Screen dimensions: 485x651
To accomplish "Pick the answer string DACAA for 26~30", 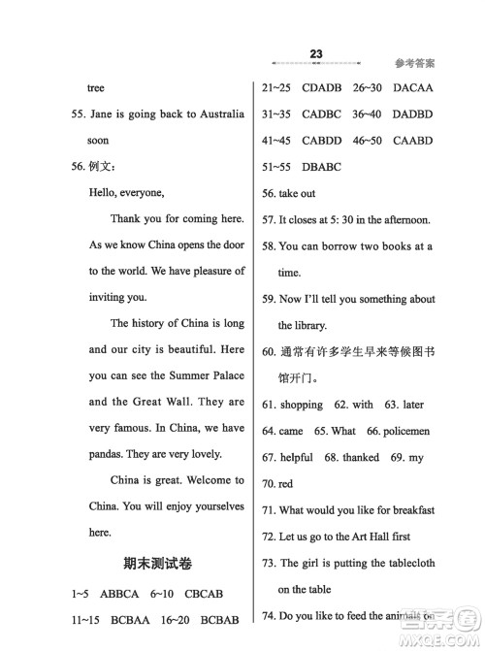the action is pos(409,87).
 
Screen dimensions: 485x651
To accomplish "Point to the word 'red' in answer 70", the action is pos(285,482).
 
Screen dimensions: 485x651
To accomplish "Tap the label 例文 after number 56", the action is pos(101,167).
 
